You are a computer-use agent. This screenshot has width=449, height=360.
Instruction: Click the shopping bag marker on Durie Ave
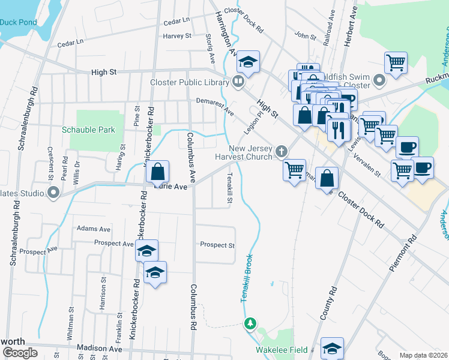[157, 172]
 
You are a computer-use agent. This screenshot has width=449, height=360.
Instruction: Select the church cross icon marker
[280, 151]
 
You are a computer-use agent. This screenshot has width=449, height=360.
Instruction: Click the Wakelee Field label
[282, 350]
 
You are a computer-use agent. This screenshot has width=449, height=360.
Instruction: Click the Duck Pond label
[18, 22]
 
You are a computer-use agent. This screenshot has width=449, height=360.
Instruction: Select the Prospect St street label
[217, 245]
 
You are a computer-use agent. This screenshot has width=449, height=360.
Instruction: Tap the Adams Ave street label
[94, 229]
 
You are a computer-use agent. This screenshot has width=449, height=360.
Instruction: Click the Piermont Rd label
[402, 253]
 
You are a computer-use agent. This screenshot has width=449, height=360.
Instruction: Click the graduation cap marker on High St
[247, 61]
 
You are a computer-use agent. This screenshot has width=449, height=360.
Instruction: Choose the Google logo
[20, 353]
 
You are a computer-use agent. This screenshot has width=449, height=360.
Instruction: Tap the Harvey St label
[177, 36]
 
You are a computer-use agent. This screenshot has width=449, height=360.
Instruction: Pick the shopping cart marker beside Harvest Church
[294, 170]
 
